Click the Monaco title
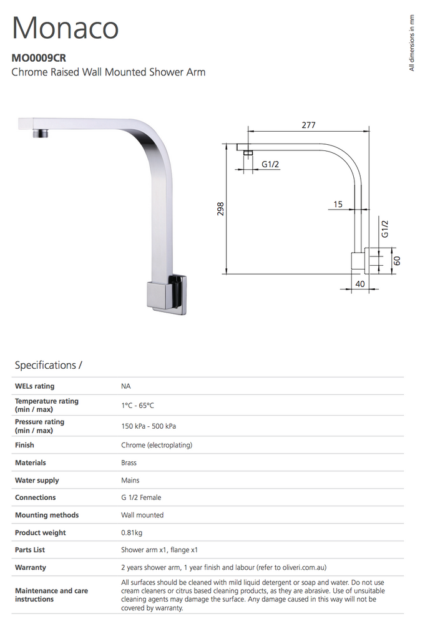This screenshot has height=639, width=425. coord(66,28)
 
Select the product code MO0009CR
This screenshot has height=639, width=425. coord(39,58)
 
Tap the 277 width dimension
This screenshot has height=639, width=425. coord(308,125)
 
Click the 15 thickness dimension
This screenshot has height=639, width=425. coord(338,204)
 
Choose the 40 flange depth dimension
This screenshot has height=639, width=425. coord(359,283)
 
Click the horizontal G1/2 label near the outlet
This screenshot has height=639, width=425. coord(270,164)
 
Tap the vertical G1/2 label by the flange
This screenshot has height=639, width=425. coord(385,228)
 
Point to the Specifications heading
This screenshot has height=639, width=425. coord(48,365)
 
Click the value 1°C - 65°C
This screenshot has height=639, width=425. coord(137,405)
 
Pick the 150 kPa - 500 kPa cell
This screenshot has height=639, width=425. coord(149,426)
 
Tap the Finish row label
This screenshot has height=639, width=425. coord(24,445)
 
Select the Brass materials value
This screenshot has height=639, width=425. coord(129,462)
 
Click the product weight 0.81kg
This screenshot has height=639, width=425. coord(132,532)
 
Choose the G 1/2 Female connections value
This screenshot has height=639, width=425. coord(142,497)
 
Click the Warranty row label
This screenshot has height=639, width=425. coord(31,567)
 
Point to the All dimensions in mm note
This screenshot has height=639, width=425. coord(411,42)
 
